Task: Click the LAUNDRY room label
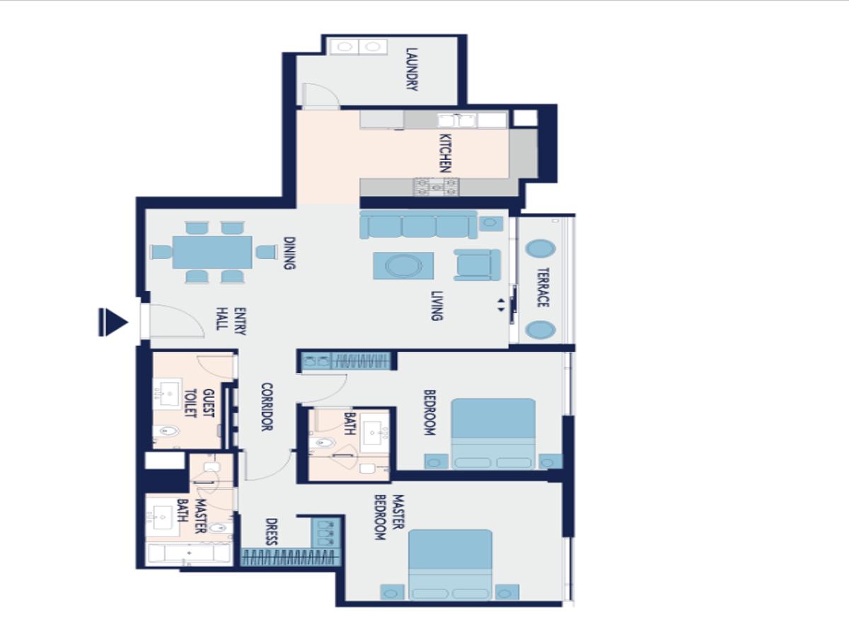[412, 69]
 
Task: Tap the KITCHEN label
[445, 153]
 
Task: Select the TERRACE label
[543, 287]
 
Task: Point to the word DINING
[289, 253]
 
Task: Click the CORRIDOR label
[267, 407]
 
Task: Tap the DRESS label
[272, 532]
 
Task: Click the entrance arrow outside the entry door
[113, 322]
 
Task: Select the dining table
[212, 252]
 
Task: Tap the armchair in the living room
[478, 265]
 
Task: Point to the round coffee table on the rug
[403, 266]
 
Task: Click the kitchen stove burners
[437, 186]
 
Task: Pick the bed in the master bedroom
[450, 565]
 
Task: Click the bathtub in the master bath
[189, 553]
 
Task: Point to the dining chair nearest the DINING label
[267, 252]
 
